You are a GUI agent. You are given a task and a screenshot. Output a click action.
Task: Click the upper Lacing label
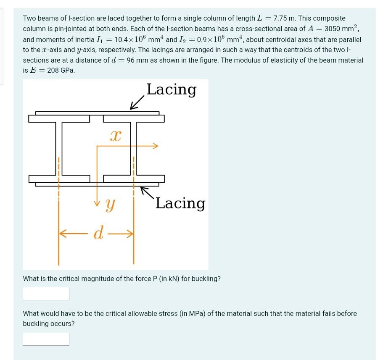[x=171, y=89]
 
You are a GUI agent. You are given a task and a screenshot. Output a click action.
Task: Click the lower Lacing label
[x=180, y=203]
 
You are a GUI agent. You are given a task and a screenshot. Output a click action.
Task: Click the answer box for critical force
[x=46, y=294]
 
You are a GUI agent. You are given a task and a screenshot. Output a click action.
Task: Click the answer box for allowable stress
[x=46, y=339]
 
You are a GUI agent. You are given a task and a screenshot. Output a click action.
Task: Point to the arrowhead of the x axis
[x=156, y=146]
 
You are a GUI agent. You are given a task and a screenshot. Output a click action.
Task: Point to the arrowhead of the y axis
[x=97, y=204]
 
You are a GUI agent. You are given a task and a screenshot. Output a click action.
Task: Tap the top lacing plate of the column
[x=97, y=113]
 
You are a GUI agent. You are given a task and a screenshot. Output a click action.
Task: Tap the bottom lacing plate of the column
[x=97, y=184]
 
